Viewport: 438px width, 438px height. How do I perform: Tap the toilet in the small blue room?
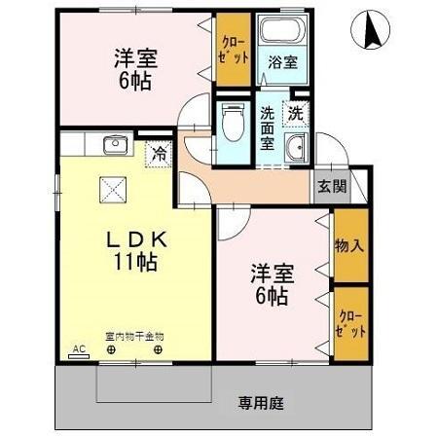(231, 125)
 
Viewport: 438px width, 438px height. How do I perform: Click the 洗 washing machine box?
(294, 112)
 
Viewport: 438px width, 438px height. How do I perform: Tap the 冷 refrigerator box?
(157, 152)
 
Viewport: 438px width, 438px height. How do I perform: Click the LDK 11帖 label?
(133, 250)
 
